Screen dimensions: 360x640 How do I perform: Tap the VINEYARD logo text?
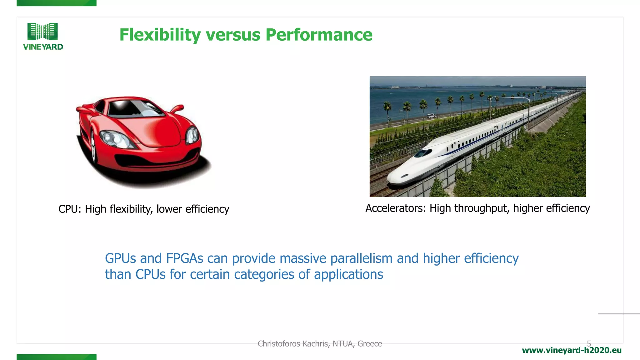[43, 47]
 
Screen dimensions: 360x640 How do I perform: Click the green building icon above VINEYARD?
[42, 31]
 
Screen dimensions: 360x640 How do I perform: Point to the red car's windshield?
[133, 108]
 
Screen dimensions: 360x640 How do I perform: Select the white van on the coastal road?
[431, 116]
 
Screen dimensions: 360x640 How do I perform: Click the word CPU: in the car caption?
[70, 209]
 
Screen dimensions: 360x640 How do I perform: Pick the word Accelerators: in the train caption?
[395, 208]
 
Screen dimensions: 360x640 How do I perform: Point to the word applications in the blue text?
[348, 274]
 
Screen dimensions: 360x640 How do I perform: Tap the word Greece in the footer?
[370, 344]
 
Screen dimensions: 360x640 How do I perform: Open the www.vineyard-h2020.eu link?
[572, 350]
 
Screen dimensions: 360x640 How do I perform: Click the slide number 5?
[589, 343]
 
